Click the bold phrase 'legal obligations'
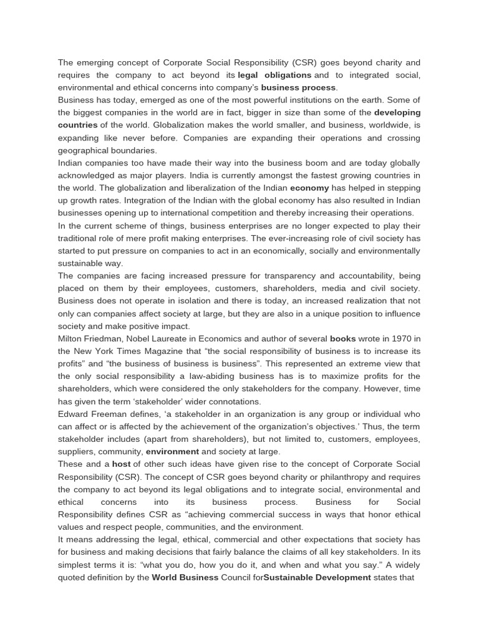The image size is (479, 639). pos(274,75)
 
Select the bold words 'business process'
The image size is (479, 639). pos(299,87)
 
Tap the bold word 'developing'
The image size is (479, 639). pos(397,112)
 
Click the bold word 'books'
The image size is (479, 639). pos(342,338)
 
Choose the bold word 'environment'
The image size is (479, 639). pos(172,451)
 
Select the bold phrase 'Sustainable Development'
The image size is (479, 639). pos(317,577)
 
